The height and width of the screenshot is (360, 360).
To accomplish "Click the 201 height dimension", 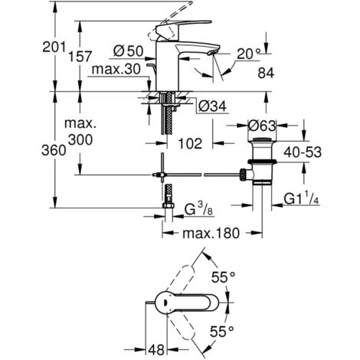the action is (54, 47).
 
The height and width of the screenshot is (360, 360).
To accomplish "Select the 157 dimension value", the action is (80, 57).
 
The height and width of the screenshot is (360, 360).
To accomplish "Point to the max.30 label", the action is (116, 69).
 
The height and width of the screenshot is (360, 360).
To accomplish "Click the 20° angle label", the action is (248, 54).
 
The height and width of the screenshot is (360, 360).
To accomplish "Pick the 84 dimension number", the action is (266, 73).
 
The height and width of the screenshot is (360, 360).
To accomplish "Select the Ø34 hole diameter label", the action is (212, 106).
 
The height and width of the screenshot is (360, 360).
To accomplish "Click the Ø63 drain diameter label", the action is (262, 126).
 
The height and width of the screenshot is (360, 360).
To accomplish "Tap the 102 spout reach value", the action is (190, 143).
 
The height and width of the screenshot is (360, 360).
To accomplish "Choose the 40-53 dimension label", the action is (303, 152).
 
